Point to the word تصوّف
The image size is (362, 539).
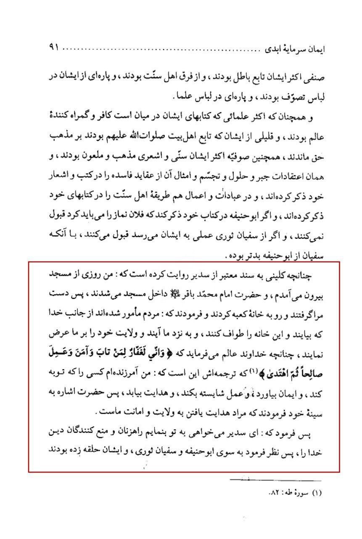299,96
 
